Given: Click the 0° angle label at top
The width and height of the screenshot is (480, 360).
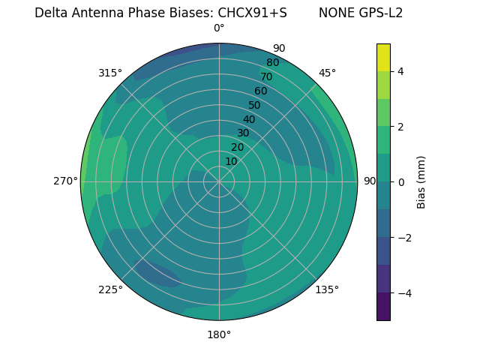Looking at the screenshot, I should coord(219,28).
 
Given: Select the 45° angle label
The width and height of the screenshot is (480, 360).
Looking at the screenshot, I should coord(327,73).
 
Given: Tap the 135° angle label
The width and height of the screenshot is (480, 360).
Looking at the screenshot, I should coord(327,289).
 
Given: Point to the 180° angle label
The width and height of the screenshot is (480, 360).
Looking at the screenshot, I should coord(219,334).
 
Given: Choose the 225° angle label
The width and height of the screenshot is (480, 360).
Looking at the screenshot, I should coord(110,289).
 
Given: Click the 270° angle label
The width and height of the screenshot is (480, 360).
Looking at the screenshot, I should coord(66,181).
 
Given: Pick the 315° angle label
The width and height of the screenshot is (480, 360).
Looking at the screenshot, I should coord(110,73).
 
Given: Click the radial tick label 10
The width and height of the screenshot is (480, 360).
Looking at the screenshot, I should coord(231,161).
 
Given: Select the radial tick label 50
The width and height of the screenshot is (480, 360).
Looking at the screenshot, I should coord(254,106).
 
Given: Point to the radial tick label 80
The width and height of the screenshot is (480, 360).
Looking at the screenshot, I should coord(272,63).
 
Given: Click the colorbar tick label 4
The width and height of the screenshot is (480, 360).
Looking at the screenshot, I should coord(400,71).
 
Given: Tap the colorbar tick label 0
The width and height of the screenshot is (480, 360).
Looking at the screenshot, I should coord(400,182).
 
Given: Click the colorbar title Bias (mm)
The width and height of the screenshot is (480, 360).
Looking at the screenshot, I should coord(421,182).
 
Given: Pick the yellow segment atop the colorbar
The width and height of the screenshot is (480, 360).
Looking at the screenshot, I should coord(383,57).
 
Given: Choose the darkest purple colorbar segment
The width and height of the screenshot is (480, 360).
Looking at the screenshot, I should coord(383,307).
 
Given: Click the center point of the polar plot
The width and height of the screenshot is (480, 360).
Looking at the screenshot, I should coord(219,181).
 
